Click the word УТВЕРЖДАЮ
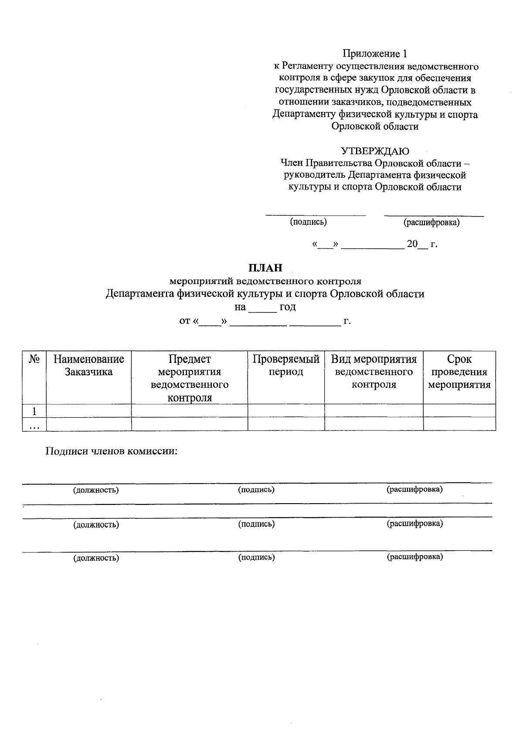pyautogui.click(x=375, y=151)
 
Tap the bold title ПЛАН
pyautogui.click(x=265, y=268)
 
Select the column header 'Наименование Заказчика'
pyautogui.click(x=89, y=366)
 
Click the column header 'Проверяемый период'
pyautogui.click(x=286, y=366)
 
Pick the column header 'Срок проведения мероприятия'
pyautogui.click(x=459, y=372)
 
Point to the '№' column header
pyautogui.click(x=34, y=359)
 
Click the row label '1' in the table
pyautogui.click(x=34, y=411)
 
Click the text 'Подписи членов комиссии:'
pyautogui.click(x=112, y=451)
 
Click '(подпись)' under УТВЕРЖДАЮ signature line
pyautogui.click(x=308, y=222)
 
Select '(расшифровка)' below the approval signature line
pyautogui.click(x=431, y=223)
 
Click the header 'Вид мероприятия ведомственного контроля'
pyautogui.click(x=374, y=372)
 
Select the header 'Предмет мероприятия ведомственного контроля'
pyautogui.click(x=190, y=378)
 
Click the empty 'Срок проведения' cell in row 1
pyautogui.click(x=459, y=411)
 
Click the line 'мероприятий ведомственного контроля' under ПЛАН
pyautogui.click(x=265, y=281)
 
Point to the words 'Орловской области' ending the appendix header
pyautogui.click(x=375, y=127)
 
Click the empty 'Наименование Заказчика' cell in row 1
pyautogui.click(x=89, y=411)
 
